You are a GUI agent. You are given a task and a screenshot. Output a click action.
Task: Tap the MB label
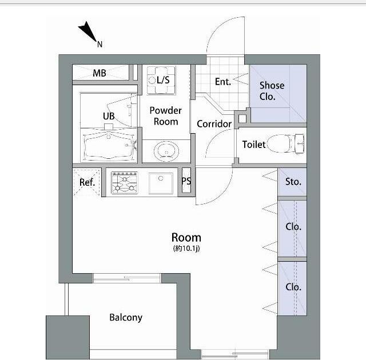coord(100,73)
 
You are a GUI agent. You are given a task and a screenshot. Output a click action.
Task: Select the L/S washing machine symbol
coord(161,80)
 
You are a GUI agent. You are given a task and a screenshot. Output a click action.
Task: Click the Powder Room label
coord(165,116)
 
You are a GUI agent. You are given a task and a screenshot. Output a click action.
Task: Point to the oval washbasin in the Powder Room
coord(166,151)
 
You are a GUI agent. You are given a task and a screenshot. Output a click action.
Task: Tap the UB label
coord(109,116)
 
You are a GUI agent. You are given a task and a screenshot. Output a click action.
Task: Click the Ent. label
coord(223,82)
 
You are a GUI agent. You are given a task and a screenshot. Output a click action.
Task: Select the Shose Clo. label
coord(272,91)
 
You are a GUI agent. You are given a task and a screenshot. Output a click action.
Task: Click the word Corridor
coord(214,124)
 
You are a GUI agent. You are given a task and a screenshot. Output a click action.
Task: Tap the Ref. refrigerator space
coord(87,182)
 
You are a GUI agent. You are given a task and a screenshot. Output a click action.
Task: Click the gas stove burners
coord(125,183)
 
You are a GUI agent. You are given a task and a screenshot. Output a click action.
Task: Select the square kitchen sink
coord(161,183)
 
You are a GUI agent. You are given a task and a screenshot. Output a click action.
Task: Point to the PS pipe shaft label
coord(186,181)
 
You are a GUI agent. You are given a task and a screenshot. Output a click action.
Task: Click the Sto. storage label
coord(293,182)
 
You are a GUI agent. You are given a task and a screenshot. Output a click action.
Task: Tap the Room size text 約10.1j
coord(186,249)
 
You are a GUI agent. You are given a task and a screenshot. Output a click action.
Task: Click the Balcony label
coord(126,317)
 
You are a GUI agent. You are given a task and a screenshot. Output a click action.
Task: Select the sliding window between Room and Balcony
coord(127,278)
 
